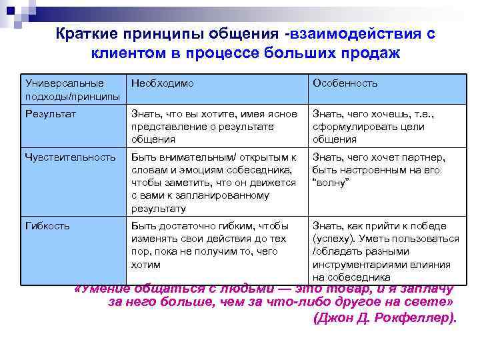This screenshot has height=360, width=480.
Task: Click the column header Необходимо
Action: click(163, 83)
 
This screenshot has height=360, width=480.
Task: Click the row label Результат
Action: click(51, 114)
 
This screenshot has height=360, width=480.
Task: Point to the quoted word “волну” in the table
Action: click(331, 183)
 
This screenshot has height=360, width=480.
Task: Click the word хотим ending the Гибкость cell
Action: click(146, 264)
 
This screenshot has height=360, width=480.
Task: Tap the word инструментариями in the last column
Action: click(354, 264)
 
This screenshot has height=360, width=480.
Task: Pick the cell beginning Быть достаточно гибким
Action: click(213, 245)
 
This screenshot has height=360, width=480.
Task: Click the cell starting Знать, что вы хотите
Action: click(213, 127)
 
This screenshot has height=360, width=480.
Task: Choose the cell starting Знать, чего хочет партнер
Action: click(387, 170)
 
